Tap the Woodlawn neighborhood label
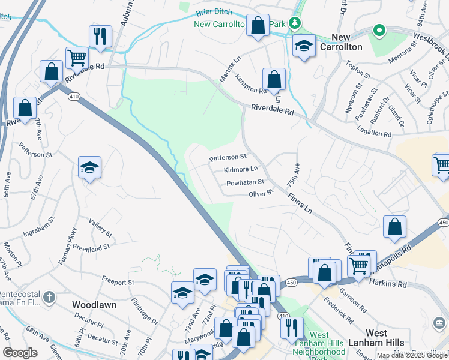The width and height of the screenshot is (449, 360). (94, 305)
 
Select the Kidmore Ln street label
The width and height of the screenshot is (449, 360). (241, 170)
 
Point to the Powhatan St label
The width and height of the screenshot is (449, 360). (245, 182)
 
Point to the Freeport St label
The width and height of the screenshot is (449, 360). (118, 281)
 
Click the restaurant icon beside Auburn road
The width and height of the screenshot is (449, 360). (100, 36)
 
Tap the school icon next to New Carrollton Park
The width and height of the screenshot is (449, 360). (304, 46)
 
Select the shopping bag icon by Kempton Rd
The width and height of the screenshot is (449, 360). (274, 79)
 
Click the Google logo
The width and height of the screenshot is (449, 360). (20, 352)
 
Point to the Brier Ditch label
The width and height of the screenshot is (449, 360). (213, 12)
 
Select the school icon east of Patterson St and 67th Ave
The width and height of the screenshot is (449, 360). (89, 167)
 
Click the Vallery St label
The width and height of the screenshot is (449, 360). (100, 227)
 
